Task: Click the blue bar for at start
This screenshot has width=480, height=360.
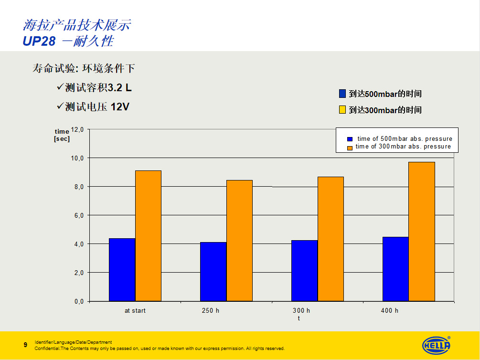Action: click(x=122, y=270)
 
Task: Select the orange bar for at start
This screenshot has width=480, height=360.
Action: click(x=148, y=236)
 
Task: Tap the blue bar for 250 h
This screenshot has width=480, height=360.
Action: click(x=213, y=272)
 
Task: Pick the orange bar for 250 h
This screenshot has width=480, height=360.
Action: click(x=239, y=241)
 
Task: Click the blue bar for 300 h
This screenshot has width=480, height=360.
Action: click(x=304, y=271)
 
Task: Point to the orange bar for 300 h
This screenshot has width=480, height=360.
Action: click(x=331, y=239)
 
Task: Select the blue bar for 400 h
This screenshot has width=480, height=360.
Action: click(x=395, y=269)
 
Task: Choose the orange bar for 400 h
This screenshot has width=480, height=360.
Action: click(x=422, y=232)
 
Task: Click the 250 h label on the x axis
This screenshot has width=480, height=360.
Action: click(x=211, y=311)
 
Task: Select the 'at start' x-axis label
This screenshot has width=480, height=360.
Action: click(x=135, y=311)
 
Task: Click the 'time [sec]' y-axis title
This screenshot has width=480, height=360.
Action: click(x=62, y=135)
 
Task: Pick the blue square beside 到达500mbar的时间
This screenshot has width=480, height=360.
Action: click(x=342, y=94)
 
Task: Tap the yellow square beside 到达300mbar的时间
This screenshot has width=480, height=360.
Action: click(x=342, y=110)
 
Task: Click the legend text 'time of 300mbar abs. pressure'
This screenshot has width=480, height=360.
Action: click(x=403, y=147)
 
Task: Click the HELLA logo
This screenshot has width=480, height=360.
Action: click(x=436, y=345)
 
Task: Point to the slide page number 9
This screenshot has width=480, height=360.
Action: click(x=25, y=344)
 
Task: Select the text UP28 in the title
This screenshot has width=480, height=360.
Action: click(x=39, y=41)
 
